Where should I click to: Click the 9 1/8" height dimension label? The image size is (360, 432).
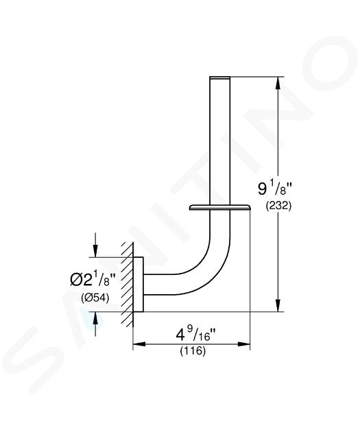[274, 189]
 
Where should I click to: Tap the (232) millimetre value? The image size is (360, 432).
[278, 206]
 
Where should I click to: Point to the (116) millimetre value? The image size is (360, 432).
[193, 351]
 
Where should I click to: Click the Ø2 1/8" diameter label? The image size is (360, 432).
[93, 280]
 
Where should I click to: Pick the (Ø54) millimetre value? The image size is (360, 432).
[95, 298]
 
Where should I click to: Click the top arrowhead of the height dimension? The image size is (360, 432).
[278, 83]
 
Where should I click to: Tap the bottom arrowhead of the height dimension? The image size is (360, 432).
[278, 306]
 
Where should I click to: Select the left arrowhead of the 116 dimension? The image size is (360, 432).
[139, 344]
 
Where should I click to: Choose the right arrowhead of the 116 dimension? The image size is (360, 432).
[243, 344]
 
